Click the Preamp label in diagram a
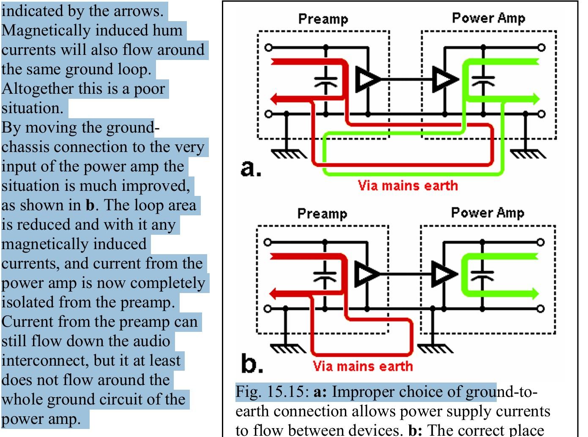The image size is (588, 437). click(x=323, y=19)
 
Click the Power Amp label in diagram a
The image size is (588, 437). click(x=488, y=18)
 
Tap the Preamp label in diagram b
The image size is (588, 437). click(x=322, y=214)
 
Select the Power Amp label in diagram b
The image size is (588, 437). click(x=487, y=213)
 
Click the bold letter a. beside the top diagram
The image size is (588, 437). click(x=251, y=168)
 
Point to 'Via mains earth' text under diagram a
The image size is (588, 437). click(x=408, y=185)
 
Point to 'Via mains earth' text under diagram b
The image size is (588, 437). click(x=363, y=366)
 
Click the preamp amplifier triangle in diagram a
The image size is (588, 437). click(x=366, y=79)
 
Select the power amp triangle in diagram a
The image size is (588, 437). click(x=445, y=79)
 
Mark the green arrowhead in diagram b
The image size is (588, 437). click(x=535, y=293)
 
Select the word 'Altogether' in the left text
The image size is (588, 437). click(x=36, y=89)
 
